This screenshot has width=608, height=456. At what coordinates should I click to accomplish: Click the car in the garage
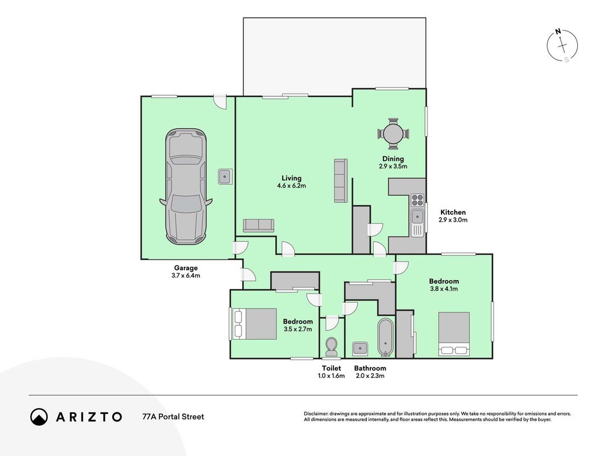pos(186,186)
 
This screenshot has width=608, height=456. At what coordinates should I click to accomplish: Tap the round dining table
pos(393,134)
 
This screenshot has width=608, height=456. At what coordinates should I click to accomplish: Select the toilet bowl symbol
pos(332,346)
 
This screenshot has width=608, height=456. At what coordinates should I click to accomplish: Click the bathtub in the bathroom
pos(385,337)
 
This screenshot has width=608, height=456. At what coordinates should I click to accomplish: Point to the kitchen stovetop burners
pos(417,200)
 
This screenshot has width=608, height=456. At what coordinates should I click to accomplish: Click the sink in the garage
pos(225,177)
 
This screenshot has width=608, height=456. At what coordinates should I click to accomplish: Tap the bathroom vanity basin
pos(360,348)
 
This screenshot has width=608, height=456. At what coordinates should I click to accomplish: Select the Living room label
pos(292,178)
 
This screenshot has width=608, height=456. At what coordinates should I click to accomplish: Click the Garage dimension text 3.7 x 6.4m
pos(186,276)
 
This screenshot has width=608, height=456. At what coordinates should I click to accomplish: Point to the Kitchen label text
pos(453,213)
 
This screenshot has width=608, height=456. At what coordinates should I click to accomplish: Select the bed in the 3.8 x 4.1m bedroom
pos(454,334)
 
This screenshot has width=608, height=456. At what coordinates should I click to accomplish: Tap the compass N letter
pos(558,31)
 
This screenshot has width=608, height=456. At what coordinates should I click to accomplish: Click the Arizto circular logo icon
pos(39,417)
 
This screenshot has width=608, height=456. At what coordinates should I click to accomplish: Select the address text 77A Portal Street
pos(173,417)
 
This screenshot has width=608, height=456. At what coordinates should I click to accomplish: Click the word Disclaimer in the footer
pos(316,414)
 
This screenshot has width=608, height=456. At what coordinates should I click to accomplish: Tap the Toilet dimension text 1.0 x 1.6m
pos(331,376)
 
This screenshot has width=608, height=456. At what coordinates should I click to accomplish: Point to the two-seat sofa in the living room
pos(259,225)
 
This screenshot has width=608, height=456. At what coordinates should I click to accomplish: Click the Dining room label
pos(393,158)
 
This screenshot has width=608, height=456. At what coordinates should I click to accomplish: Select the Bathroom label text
pos(370,368)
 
